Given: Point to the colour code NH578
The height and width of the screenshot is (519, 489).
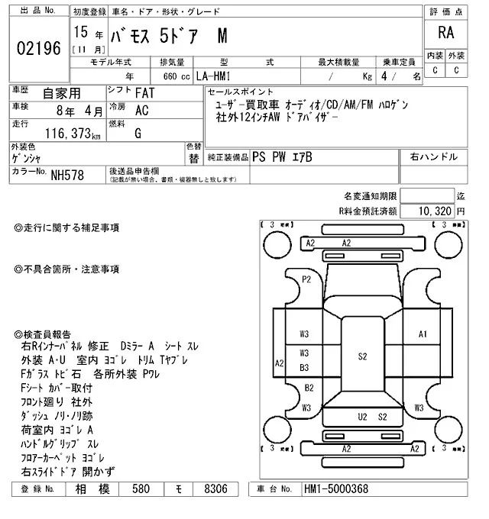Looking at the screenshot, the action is tap(67, 175).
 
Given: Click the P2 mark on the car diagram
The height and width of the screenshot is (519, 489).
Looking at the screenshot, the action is tap(306, 279).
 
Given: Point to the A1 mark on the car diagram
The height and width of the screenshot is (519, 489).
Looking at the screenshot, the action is tap(423, 334).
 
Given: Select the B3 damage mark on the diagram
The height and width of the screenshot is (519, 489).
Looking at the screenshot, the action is tap(304, 368).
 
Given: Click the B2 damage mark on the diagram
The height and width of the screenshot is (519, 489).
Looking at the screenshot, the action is tap(309, 388).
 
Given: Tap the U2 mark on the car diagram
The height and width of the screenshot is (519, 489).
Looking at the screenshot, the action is tap(363, 416).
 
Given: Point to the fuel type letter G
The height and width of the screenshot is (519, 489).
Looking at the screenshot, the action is tap(138, 133).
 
